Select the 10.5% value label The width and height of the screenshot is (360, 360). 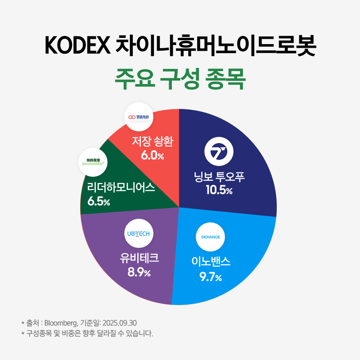[x=219, y=190]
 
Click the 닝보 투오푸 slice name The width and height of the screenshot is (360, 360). [x=219, y=177]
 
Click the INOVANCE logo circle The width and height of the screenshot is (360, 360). [x=210, y=237]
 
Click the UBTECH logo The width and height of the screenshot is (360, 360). [x=138, y=234]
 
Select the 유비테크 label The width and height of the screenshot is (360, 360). [x=139, y=258]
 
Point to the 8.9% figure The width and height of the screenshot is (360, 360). [x=139, y=272]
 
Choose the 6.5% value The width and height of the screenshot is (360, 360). [x=99, y=201]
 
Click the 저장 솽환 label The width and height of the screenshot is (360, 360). [x=153, y=142]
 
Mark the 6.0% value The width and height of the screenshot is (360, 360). [x=153, y=156]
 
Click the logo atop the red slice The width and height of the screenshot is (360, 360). [x=138, y=117]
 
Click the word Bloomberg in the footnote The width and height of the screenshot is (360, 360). [x=61, y=323]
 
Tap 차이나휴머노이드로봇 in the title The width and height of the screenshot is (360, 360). [x=216, y=46]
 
